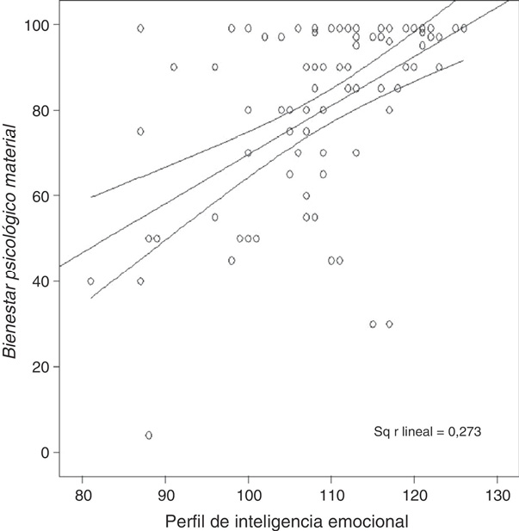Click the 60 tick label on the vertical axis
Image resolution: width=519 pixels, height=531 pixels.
(40, 196)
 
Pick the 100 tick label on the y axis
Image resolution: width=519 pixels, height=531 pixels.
(36, 25)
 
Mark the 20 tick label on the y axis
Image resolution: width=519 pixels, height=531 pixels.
(40, 367)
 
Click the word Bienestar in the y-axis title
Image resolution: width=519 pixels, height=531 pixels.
(11, 324)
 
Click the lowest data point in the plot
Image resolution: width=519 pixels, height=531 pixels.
(149, 435)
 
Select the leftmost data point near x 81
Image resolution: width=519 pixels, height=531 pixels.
(90, 281)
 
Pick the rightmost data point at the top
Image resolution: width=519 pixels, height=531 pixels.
(464, 28)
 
